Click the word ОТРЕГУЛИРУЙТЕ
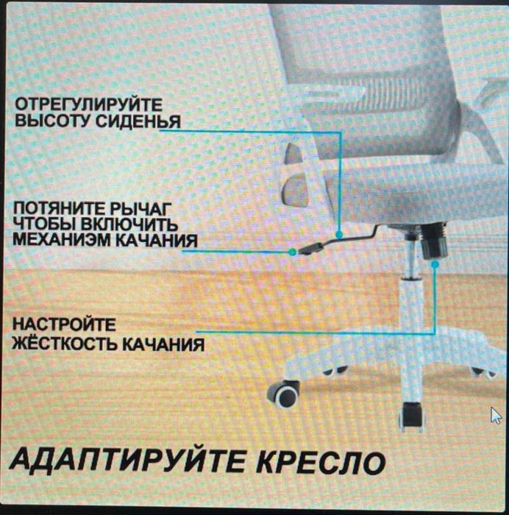[89, 106]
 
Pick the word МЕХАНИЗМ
[60, 240]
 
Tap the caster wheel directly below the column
[412, 416]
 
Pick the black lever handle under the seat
[313, 247]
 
